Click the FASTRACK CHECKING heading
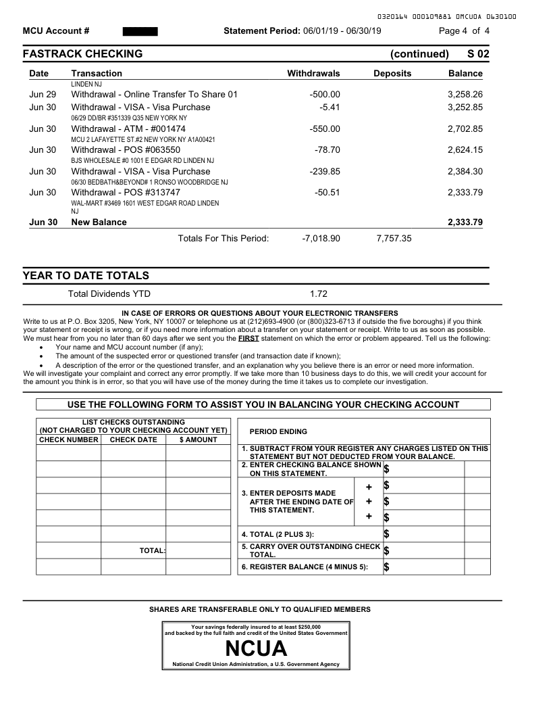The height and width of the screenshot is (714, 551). (82, 54)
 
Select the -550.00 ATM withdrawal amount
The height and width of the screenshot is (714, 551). (325, 128)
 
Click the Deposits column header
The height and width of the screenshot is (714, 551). (392, 73)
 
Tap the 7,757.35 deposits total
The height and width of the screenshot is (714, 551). (394, 238)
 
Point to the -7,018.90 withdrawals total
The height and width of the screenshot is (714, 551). (321, 238)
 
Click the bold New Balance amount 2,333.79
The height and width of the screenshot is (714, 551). (465, 222)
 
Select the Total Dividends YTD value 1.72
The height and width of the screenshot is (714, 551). (319, 293)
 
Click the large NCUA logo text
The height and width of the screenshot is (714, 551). (256, 649)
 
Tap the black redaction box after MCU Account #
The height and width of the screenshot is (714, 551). (140, 31)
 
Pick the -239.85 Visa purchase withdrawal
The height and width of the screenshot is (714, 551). (325, 171)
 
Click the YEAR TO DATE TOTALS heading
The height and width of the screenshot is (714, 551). (86, 276)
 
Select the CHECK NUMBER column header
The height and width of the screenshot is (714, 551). (69, 439)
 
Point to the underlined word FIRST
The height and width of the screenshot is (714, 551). (248, 338)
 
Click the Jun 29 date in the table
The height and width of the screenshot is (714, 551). (43, 94)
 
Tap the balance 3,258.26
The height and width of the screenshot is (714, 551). (465, 94)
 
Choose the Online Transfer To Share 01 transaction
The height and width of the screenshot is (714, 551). (155, 94)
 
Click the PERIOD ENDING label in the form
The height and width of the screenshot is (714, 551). (278, 431)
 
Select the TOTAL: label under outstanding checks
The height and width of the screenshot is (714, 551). (153, 550)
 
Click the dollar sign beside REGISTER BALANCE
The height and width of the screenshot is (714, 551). (386, 567)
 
